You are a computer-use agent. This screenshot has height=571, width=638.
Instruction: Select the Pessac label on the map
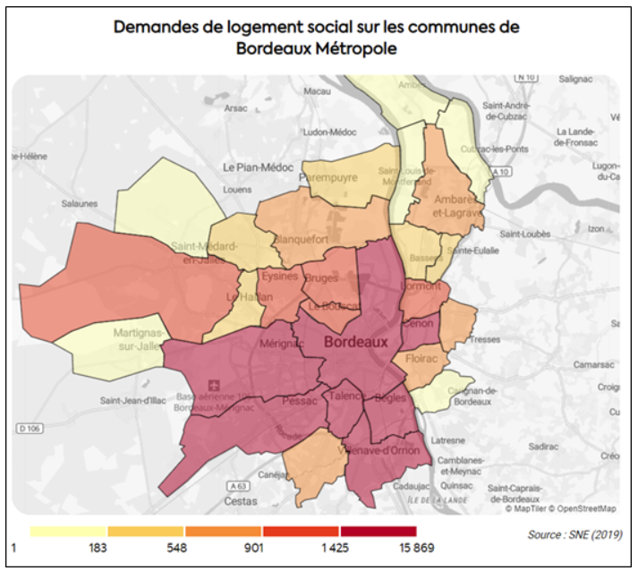click(300, 402)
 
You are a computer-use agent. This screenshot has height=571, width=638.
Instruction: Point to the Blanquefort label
click(300, 240)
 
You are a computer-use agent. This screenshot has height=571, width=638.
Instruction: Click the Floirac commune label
click(420, 358)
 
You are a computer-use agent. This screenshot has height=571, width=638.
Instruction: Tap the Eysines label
click(280, 277)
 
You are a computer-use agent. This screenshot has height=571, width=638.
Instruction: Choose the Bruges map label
click(321, 278)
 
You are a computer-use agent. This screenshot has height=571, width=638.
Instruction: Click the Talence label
click(347, 396)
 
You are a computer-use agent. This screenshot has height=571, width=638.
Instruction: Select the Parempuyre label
click(329, 177)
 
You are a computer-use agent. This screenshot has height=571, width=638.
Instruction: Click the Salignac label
click(575, 80)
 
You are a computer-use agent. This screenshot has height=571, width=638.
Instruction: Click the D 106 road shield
click(30, 429)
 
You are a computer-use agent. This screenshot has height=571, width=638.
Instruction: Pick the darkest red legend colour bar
click(378, 532)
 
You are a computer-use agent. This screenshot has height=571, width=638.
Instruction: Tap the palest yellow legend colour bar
click(68, 532)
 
